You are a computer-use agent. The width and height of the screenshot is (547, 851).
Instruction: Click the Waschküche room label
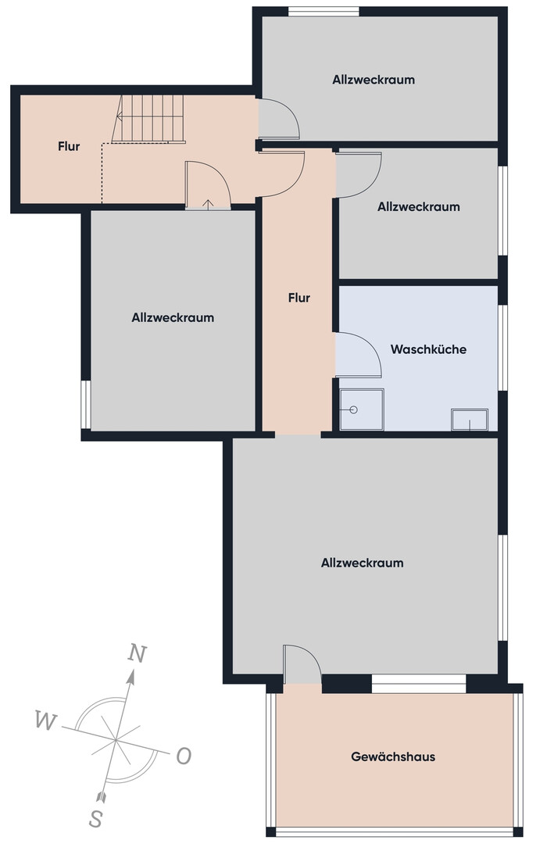(428, 349)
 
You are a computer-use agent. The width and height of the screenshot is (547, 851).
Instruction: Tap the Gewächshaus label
(393, 756)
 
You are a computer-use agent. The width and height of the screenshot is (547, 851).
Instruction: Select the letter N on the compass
(138, 653)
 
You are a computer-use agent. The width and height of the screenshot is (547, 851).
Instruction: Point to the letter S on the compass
(95, 817)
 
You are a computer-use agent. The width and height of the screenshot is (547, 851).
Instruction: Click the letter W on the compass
(45, 721)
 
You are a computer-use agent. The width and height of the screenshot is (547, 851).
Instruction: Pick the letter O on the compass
(184, 756)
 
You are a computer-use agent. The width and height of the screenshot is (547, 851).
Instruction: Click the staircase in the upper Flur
(148, 119)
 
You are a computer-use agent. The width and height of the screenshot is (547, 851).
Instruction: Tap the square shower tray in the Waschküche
(361, 409)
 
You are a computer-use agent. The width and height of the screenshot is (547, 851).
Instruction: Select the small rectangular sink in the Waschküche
(470, 420)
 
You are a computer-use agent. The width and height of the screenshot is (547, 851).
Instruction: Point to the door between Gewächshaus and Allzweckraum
(302, 663)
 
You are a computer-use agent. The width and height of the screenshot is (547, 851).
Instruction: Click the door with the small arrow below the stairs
(209, 185)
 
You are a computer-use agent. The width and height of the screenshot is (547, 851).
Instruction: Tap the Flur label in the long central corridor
(299, 298)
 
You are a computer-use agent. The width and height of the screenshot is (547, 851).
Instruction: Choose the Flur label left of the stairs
(69, 146)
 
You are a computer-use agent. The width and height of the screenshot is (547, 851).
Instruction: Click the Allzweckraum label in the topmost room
(374, 80)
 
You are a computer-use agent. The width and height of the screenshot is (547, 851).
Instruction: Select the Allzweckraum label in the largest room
(362, 563)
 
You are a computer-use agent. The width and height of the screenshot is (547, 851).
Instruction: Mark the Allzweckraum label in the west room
(173, 317)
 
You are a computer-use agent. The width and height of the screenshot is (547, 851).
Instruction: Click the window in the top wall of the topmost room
(324, 12)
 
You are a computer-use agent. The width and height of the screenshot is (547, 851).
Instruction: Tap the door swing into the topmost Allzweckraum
(279, 118)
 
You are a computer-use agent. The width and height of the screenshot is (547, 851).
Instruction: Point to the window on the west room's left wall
(86, 404)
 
